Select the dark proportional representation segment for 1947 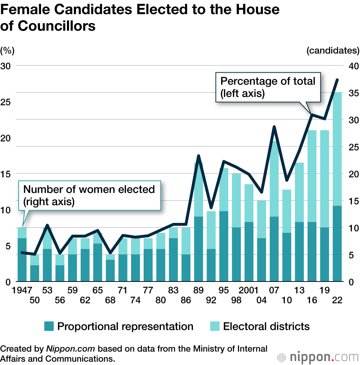click(22, 260)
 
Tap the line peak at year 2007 click(274, 127)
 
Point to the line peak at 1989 click(199, 156)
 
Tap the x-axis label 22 click(337, 300)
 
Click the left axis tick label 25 click(7, 102)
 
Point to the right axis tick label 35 click(352, 93)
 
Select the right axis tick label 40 click(352, 66)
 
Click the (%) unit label click(7, 51)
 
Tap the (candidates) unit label click(333, 51)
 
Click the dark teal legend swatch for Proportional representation click(49, 326)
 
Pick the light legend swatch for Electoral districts click(215, 326)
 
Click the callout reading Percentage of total click(268, 87)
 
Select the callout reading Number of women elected click(89, 195)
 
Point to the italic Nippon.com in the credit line click(71, 348)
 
